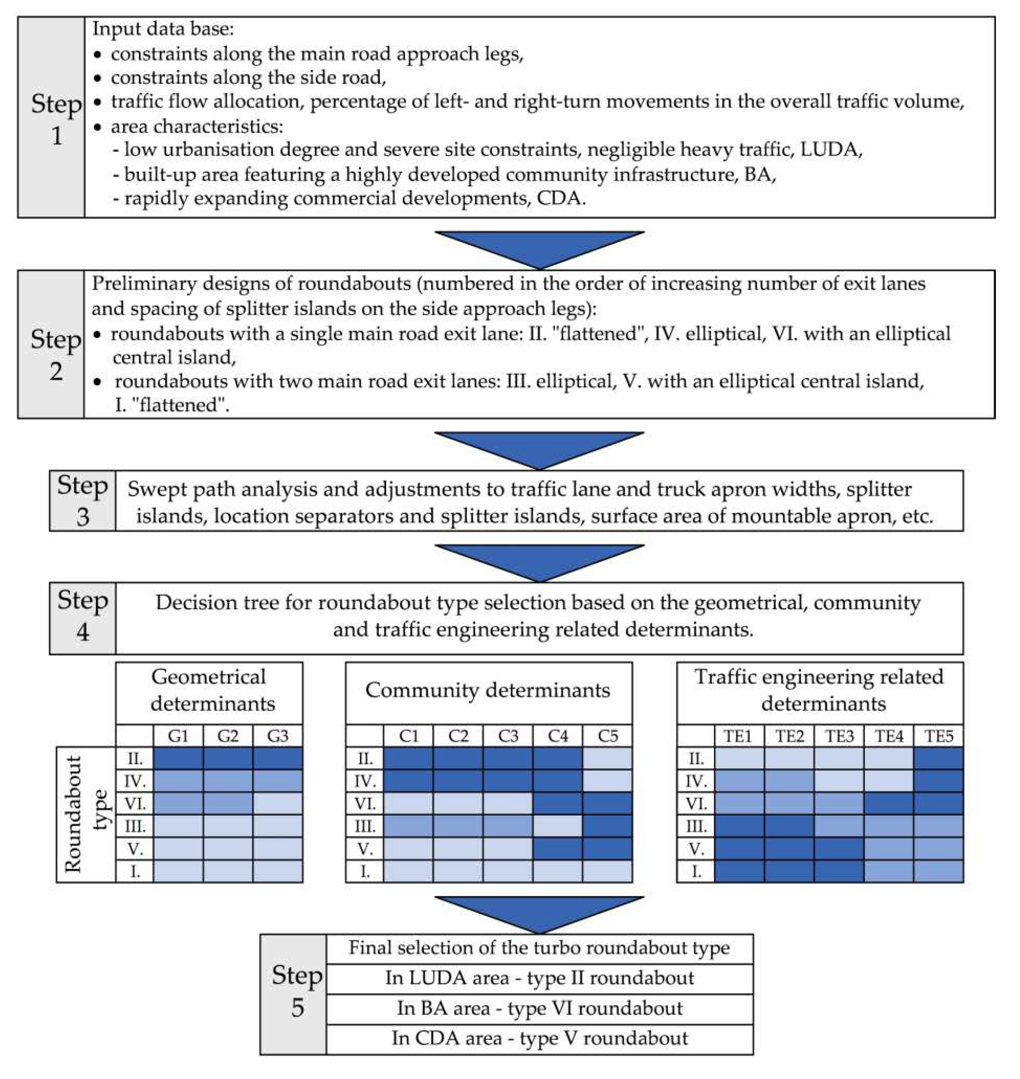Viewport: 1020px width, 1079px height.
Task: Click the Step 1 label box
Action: click(52, 118)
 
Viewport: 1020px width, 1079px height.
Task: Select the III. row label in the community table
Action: click(365, 826)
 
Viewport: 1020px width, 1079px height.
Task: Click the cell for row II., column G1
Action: click(178, 758)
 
